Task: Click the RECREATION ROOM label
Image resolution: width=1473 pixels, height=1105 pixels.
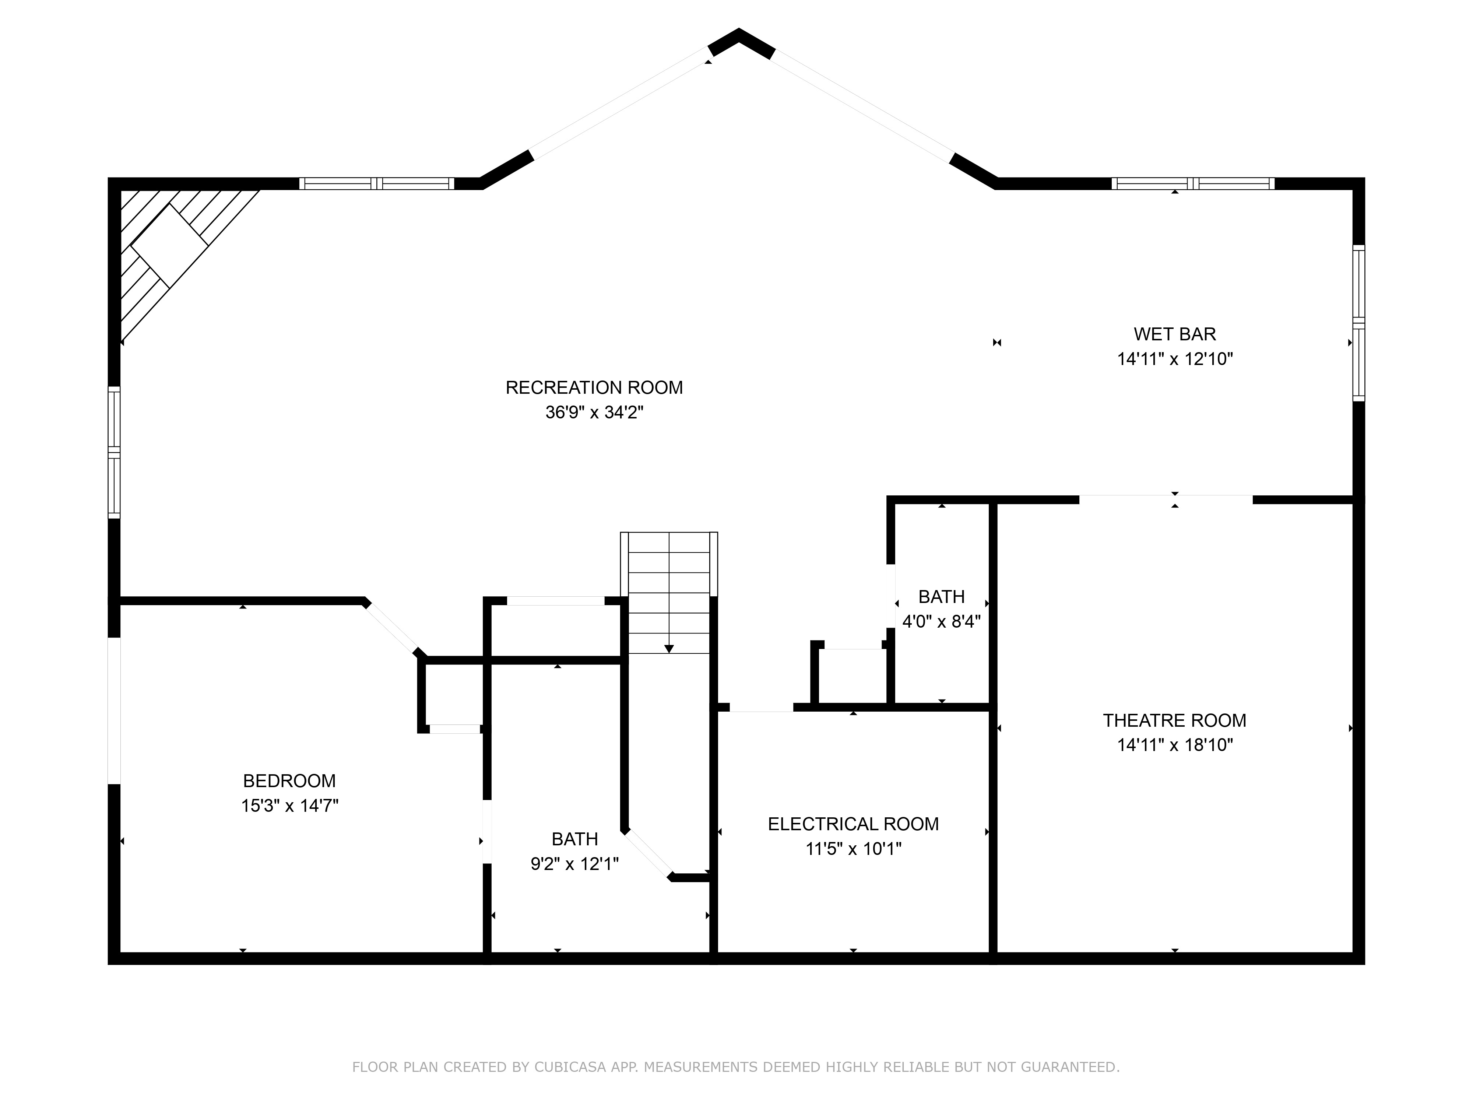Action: [594, 387]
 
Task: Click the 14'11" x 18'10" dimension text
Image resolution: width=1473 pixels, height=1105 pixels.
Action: [1175, 745]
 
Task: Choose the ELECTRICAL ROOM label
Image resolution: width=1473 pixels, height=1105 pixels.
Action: [853, 824]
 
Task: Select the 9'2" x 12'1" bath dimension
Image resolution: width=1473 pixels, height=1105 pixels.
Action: [575, 864]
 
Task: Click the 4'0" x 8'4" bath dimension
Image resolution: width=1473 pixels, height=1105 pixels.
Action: [941, 621]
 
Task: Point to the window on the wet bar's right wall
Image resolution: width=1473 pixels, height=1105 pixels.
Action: [1358, 323]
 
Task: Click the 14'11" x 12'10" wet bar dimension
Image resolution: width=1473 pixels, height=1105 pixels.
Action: [1175, 359]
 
